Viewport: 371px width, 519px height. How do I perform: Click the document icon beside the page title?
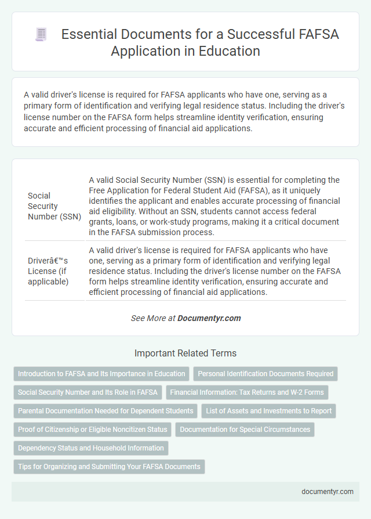(x=41, y=35)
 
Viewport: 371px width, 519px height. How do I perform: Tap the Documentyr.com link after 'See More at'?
(x=209, y=318)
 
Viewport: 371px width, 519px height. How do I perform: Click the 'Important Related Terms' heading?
(x=185, y=353)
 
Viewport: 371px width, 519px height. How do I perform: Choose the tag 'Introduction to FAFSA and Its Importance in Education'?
(x=101, y=374)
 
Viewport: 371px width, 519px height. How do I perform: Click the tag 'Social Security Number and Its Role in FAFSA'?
(x=88, y=392)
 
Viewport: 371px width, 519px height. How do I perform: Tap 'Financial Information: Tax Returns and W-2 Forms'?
(x=247, y=392)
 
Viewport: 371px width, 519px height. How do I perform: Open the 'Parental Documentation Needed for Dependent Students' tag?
(x=106, y=411)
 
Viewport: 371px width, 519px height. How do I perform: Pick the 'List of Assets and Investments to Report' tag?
(x=268, y=411)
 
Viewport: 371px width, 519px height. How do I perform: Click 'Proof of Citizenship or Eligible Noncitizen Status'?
(x=93, y=430)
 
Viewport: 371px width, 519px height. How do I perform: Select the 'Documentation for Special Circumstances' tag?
(x=245, y=430)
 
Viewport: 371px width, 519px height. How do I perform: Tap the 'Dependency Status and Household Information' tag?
(x=91, y=448)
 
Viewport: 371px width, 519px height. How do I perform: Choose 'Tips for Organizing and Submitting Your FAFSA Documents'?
(x=109, y=467)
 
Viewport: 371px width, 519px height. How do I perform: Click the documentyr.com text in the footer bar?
(x=328, y=491)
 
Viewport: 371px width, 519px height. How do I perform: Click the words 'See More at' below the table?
(x=153, y=318)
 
